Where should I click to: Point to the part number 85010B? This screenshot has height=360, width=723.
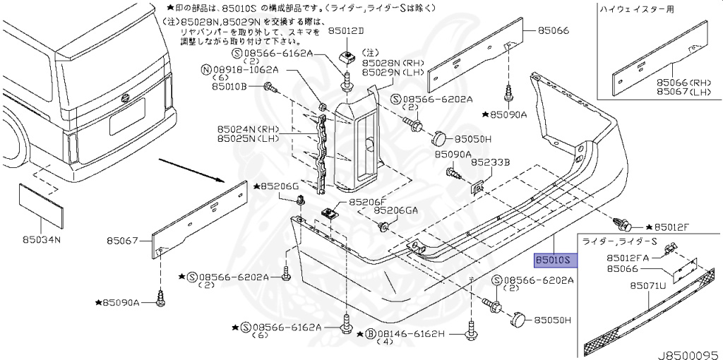(226, 86)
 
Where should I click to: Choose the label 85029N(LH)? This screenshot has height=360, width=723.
(392, 73)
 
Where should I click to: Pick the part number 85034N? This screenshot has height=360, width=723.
(40, 240)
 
